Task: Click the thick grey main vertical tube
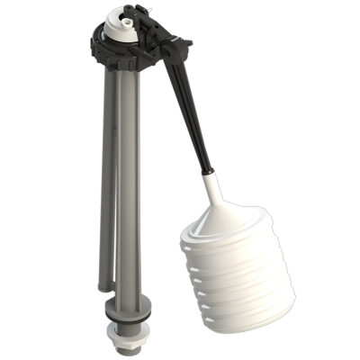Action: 127,180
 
